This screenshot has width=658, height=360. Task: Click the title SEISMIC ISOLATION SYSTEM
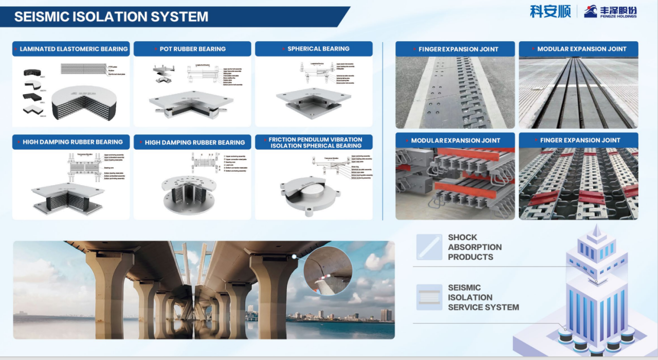pos(111,16)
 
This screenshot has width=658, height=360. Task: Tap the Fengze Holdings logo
pos(610,11)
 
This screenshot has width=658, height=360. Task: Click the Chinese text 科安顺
pos(550,11)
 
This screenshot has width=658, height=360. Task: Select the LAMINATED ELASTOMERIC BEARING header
pos(71,49)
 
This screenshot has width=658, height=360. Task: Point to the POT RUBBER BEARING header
pos(192,49)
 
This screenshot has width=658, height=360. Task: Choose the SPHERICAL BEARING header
pos(314,49)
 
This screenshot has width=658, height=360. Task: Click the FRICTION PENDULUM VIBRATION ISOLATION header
pos(314,142)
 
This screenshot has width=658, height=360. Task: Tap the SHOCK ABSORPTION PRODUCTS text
pos(474,247)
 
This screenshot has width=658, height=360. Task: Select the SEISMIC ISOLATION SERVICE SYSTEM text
pos(483,297)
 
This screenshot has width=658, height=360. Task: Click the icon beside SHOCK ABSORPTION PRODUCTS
pos(429,247)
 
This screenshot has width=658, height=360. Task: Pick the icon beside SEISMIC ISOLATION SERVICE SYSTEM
pos(429,297)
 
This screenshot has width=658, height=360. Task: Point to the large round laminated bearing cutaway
pos(84,102)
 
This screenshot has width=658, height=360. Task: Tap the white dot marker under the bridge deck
pos(294,256)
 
